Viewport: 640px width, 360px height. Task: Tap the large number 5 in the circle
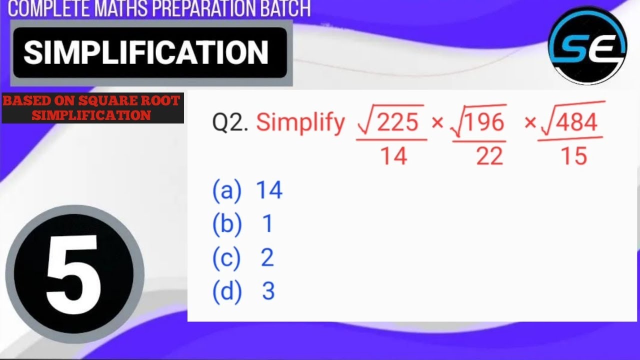pyautogui.click(x=74, y=274)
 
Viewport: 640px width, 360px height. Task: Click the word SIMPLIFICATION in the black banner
pyautogui.click(x=146, y=52)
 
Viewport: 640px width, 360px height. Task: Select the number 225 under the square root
pyautogui.click(x=397, y=122)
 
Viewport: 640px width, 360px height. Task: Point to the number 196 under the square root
pyautogui.click(x=484, y=122)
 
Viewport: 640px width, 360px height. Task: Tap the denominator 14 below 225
pyautogui.click(x=393, y=156)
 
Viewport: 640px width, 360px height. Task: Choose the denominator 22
pyautogui.click(x=489, y=156)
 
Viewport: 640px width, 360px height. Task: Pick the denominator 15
pyautogui.click(x=573, y=156)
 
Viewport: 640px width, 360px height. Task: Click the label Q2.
pyautogui.click(x=230, y=123)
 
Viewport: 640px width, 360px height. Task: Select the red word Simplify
pyautogui.click(x=300, y=123)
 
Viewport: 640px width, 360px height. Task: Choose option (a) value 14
pyautogui.click(x=269, y=191)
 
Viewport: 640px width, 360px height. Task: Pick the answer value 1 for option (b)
pyautogui.click(x=267, y=225)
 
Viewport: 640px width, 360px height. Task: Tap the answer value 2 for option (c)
pyautogui.click(x=267, y=258)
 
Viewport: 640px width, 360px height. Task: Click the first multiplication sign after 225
pyautogui.click(x=437, y=123)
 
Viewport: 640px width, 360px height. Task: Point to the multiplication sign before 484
pyautogui.click(x=530, y=123)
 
